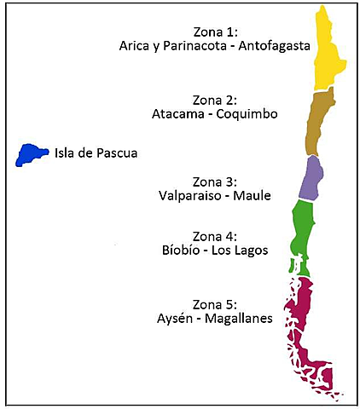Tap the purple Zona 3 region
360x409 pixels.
click(312, 176)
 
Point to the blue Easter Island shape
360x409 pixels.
click(31, 154)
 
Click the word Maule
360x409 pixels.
click(252, 196)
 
